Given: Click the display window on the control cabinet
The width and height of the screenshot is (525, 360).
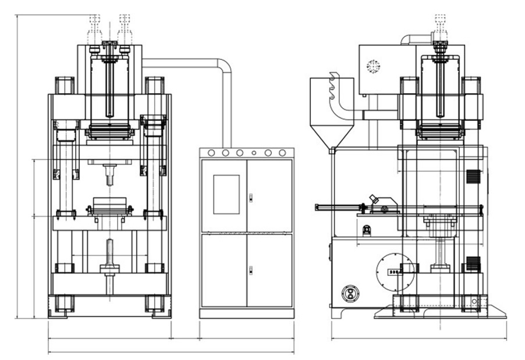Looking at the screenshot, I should pos(226,194).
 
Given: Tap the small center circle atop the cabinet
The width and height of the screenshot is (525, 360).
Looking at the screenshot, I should pos(254,153).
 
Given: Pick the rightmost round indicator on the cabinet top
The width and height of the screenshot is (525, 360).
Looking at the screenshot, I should pos(283,153).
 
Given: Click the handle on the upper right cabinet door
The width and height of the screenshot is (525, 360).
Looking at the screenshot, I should pos(250,197).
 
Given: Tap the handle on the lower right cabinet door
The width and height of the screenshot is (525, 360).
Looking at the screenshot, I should pos(250,269).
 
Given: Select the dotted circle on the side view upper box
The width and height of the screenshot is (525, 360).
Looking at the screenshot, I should pos(373,67).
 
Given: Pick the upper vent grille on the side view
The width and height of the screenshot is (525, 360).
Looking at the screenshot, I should pos(473,178).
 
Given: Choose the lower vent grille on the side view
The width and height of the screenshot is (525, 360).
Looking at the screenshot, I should pos(473,263).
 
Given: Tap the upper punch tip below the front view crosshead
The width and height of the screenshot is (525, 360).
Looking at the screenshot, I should pos(110,173).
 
